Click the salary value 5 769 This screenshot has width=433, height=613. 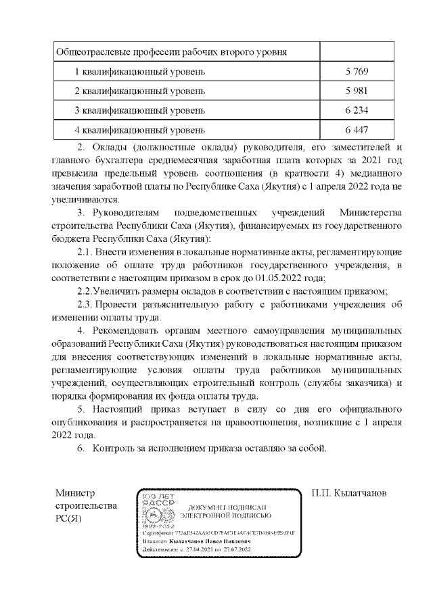click(356, 71)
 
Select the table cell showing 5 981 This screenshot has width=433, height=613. click(356, 90)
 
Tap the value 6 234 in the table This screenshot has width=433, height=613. click(356, 110)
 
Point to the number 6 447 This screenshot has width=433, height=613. click(356, 129)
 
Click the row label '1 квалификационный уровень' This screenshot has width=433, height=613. click(139, 71)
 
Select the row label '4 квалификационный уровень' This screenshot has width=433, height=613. click(139, 129)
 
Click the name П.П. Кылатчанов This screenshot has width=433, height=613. click(349, 494)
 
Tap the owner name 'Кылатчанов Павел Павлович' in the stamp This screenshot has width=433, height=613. click(209, 542)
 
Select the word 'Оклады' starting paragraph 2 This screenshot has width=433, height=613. click(109, 148)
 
